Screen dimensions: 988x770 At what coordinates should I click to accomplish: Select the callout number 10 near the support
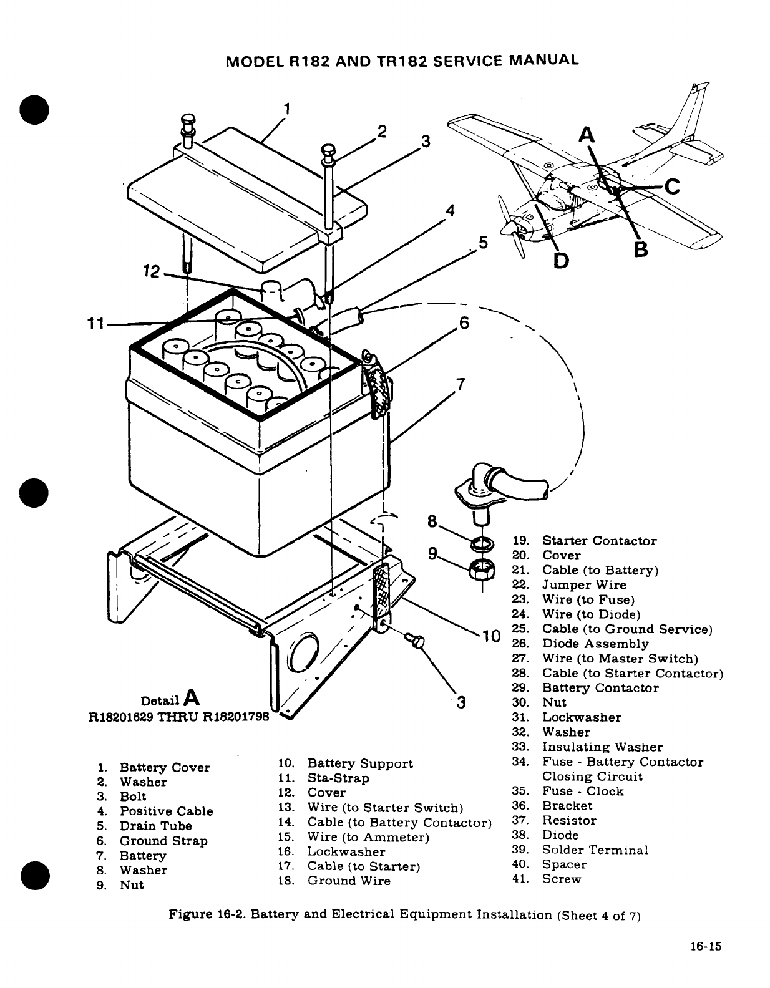point(490,636)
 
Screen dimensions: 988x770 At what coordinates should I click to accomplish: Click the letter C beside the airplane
point(673,186)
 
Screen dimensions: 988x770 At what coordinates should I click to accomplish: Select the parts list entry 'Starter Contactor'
point(599,541)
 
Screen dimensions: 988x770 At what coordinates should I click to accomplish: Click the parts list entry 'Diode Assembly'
point(595,644)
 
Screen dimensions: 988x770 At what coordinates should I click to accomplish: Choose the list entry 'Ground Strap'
point(163,841)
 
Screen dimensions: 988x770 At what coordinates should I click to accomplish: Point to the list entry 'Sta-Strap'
point(338,778)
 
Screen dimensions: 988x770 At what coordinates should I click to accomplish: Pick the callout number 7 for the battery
point(461,384)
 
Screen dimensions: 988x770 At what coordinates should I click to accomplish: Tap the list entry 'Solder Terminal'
point(595,850)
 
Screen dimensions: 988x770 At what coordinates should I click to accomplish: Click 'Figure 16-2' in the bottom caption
point(200,915)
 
